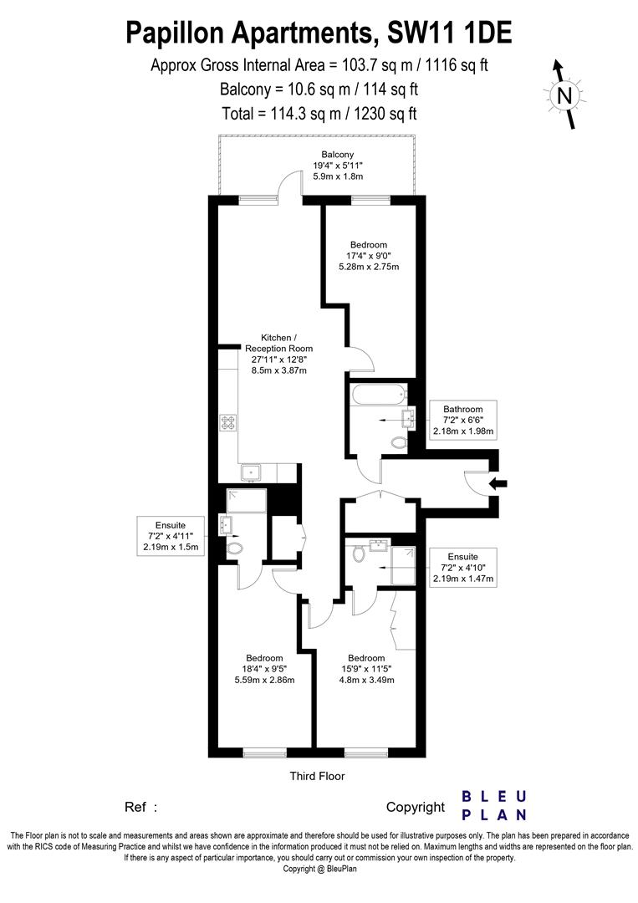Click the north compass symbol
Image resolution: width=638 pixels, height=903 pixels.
[x=565, y=94]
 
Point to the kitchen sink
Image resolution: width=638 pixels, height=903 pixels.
[x=253, y=473]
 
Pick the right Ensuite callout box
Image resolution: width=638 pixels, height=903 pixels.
[x=462, y=568]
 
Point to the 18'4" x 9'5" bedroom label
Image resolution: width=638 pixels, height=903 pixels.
[x=263, y=668]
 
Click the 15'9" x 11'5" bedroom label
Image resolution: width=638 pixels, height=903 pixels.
[x=366, y=668]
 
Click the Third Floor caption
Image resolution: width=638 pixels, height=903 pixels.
[x=317, y=776]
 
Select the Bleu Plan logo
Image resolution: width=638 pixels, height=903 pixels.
[x=494, y=805]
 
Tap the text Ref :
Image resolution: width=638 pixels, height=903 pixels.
[x=140, y=808]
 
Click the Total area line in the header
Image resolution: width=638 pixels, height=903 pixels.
[x=319, y=113]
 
